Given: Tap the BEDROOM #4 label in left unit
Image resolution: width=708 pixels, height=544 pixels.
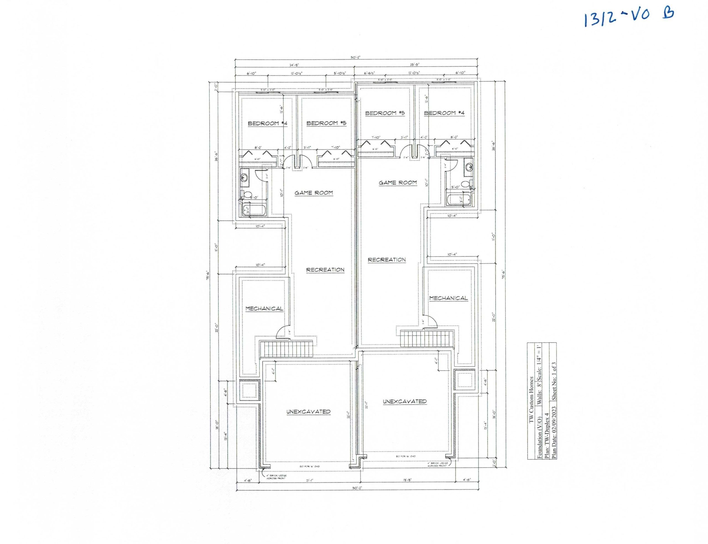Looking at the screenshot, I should click(267, 123).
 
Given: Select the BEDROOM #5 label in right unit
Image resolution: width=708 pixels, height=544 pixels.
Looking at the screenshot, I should click(385, 113).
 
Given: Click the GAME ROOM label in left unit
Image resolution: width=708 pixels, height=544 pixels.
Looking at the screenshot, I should click(313, 193).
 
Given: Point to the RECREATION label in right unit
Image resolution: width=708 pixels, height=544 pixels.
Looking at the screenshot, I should click(387, 260).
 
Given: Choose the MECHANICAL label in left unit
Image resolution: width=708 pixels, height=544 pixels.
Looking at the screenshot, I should click(264, 309).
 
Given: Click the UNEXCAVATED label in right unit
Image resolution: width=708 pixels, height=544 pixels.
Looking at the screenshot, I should click(404, 402).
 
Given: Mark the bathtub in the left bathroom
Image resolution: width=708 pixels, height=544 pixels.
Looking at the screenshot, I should click(254, 210).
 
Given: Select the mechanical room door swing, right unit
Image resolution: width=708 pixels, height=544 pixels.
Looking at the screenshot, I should click(431, 322).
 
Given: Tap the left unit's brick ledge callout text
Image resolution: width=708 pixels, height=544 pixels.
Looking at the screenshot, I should click(276, 477).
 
